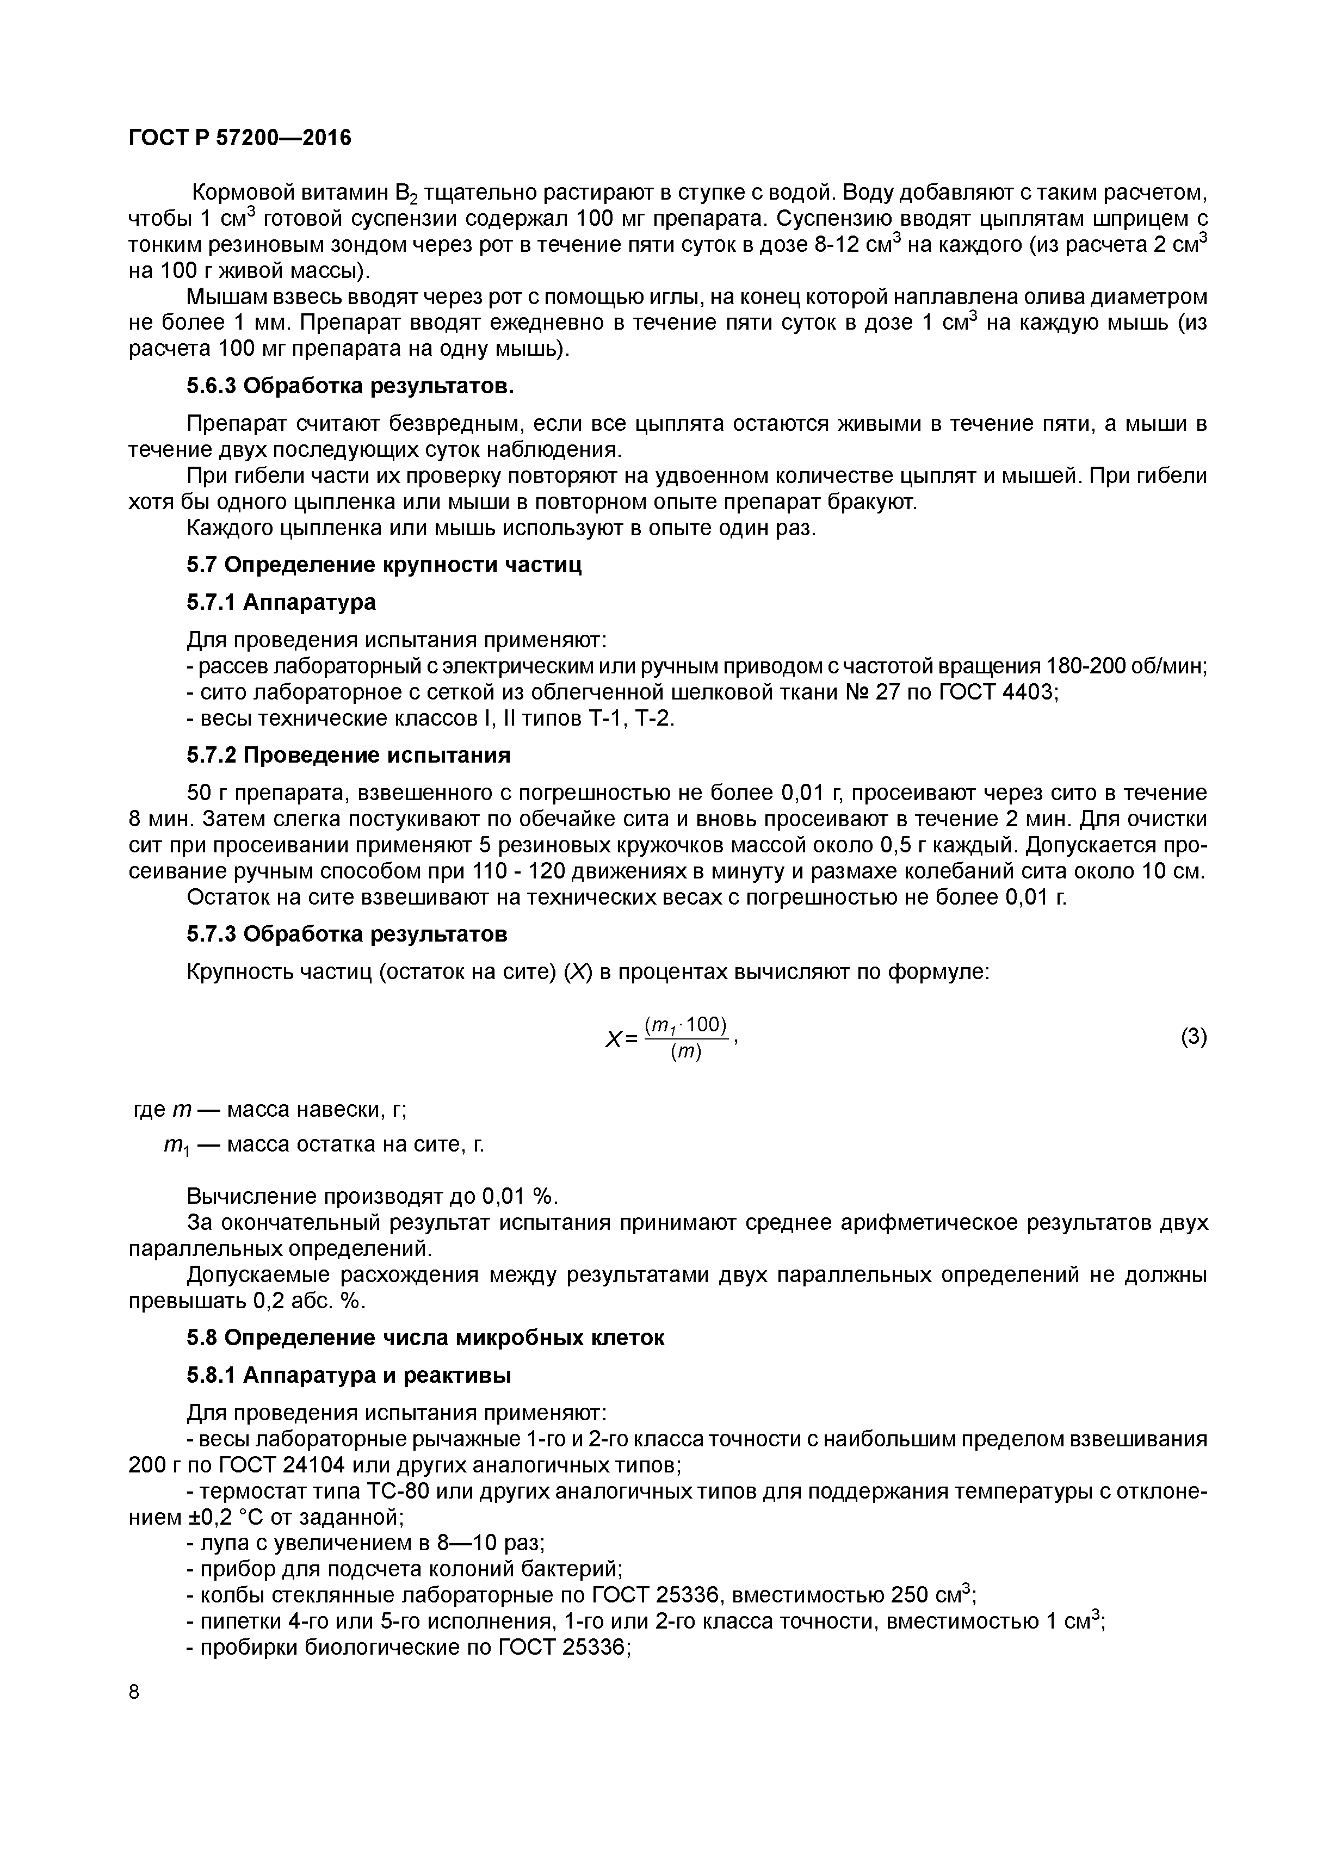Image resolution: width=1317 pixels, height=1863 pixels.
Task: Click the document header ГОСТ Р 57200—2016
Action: [x=240, y=139]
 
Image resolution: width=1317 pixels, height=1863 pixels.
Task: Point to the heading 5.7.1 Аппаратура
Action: [x=281, y=602]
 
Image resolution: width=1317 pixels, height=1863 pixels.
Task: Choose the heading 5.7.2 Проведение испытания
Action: [x=348, y=756]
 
